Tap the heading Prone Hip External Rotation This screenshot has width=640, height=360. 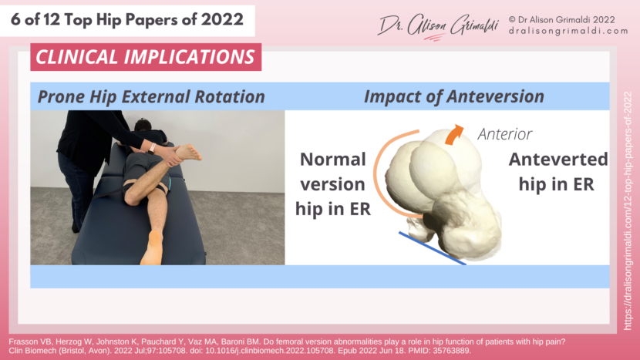[x=151, y=96]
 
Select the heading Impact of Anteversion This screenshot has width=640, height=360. [x=453, y=96]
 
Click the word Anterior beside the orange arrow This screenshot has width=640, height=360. [x=505, y=134]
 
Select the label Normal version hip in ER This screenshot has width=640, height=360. [x=332, y=183]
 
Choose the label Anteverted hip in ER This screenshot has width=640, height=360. [x=558, y=171]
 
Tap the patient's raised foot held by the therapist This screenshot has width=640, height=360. [x=187, y=153]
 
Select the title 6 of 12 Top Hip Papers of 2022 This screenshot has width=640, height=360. [x=127, y=19]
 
